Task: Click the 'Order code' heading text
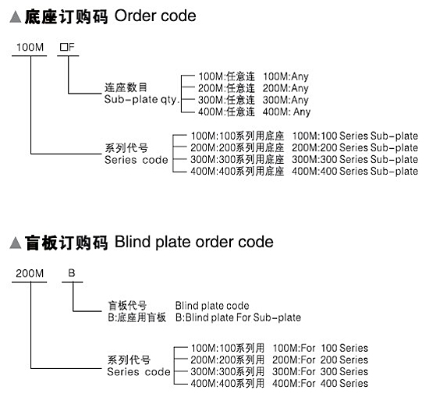tap(155, 16)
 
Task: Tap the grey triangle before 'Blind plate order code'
tap(16, 243)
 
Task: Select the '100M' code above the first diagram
tap(30, 47)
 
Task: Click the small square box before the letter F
tap(63, 47)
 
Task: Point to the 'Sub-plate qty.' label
tap(142, 100)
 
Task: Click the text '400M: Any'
tap(286, 112)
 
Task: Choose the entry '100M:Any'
tap(285, 76)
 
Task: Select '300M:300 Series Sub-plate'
tap(355, 159)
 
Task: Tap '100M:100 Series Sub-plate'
tap(355, 136)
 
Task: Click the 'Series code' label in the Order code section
tap(136, 160)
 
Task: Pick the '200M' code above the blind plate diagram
tap(30, 273)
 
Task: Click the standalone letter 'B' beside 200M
tap(72, 273)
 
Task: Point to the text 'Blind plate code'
tap(212, 306)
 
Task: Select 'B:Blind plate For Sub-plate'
tap(238, 317)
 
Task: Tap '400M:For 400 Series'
tap(320, 383)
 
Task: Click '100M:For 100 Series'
tap(321, 348)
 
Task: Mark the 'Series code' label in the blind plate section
tap(138, 372)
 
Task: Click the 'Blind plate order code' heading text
tap(194, 242)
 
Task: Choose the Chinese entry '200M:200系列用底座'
tap(237, 147)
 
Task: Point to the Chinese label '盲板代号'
tap(127, 306)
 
